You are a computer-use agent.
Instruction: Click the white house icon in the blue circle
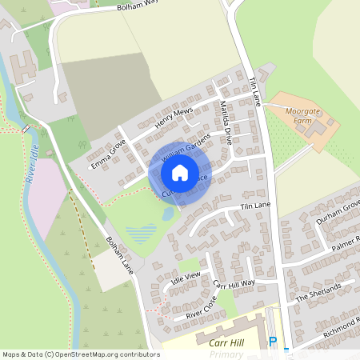pos(180,172)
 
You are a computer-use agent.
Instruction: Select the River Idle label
pos(33,165)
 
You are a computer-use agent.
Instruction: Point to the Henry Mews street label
pos(175,119)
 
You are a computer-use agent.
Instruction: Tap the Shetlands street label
pos(318,292)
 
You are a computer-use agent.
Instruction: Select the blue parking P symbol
pos(273,342)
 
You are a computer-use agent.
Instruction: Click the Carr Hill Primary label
pos(219,346)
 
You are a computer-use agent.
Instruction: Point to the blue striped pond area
pos(142,234)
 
